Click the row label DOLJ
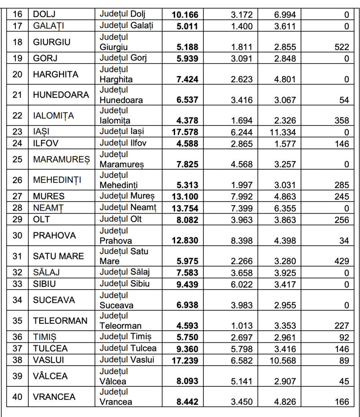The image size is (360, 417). click(44, 15)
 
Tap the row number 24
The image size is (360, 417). click(18, 144)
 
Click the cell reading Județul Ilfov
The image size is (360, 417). click(123, 143)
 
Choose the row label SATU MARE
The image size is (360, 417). click(58, 256)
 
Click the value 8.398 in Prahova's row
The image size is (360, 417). click(242, 241)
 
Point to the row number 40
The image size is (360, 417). click(18, 397)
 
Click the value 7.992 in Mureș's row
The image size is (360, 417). click(242, 197)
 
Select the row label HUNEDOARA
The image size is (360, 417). click(61, 95)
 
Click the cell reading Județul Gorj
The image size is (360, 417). click(123, 58)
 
